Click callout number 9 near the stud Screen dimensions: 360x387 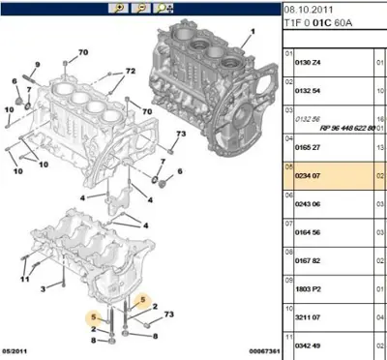pos(36,64)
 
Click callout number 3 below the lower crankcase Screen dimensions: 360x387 pos(45,289)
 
